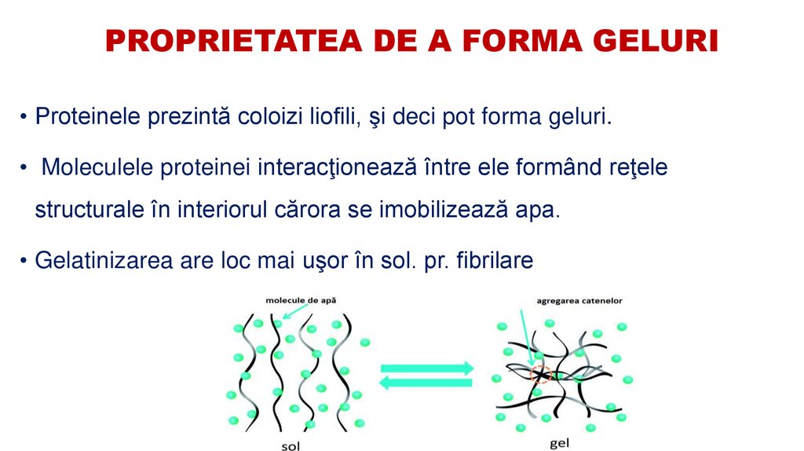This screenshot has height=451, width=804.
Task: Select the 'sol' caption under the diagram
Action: (x=290, y=445)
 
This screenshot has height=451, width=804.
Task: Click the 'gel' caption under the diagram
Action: (x=559, y=443)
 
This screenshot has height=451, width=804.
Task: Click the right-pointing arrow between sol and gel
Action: (x=427, y=368)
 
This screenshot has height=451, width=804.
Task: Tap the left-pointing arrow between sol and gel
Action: (x=427, y=383)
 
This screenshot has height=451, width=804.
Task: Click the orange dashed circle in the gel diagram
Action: (x=540, y=374)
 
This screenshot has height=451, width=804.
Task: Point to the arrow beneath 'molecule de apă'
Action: (x=294, y=312)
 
